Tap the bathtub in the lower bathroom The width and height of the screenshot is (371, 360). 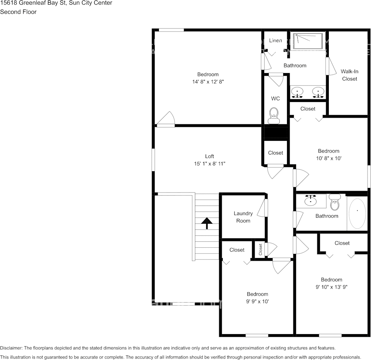[357, 213]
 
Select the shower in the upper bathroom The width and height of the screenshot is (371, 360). [308, 41]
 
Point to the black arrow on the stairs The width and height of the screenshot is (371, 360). [207, 223]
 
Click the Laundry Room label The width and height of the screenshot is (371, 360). [243, 217]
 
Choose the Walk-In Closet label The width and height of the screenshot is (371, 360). [349, 75]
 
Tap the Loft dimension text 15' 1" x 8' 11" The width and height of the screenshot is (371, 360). [209, 164]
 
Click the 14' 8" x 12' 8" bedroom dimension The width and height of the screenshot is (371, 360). [208, 82]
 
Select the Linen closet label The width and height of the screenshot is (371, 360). [276, 40]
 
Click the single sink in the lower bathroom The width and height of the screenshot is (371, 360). [311, 201]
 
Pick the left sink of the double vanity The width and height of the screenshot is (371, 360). [297, 92]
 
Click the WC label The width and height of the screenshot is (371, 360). [276, 99]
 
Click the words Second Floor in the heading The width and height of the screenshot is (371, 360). [18, 12]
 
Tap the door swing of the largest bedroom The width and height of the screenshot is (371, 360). [166, 119]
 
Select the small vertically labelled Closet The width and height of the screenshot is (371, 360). [261, 249]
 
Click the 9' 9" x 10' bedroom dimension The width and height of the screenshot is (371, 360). [257, 301]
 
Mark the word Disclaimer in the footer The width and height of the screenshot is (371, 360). [11, 348]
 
